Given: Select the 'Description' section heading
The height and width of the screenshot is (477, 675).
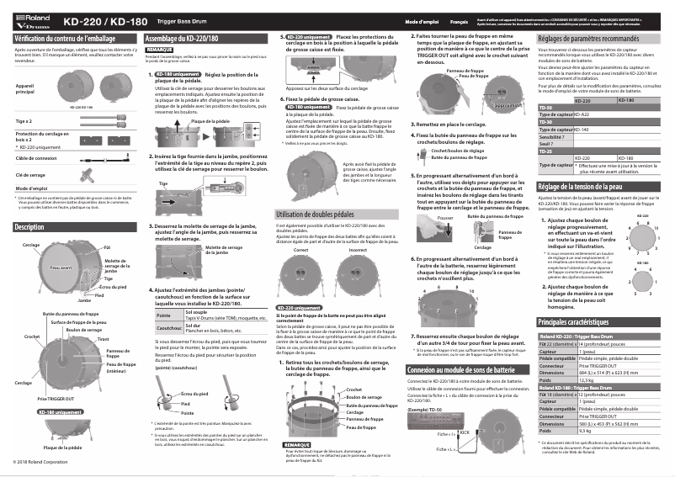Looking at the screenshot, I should pos(30,227).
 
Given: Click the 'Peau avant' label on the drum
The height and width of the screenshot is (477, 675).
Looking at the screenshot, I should pos(60,268).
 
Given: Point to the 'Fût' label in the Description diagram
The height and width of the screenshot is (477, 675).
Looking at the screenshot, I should pos(107,247).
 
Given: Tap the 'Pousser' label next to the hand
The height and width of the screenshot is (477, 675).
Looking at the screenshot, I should pos(445,217).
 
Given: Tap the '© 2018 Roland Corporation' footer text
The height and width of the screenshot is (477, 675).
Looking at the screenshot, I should pos(40,462).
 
